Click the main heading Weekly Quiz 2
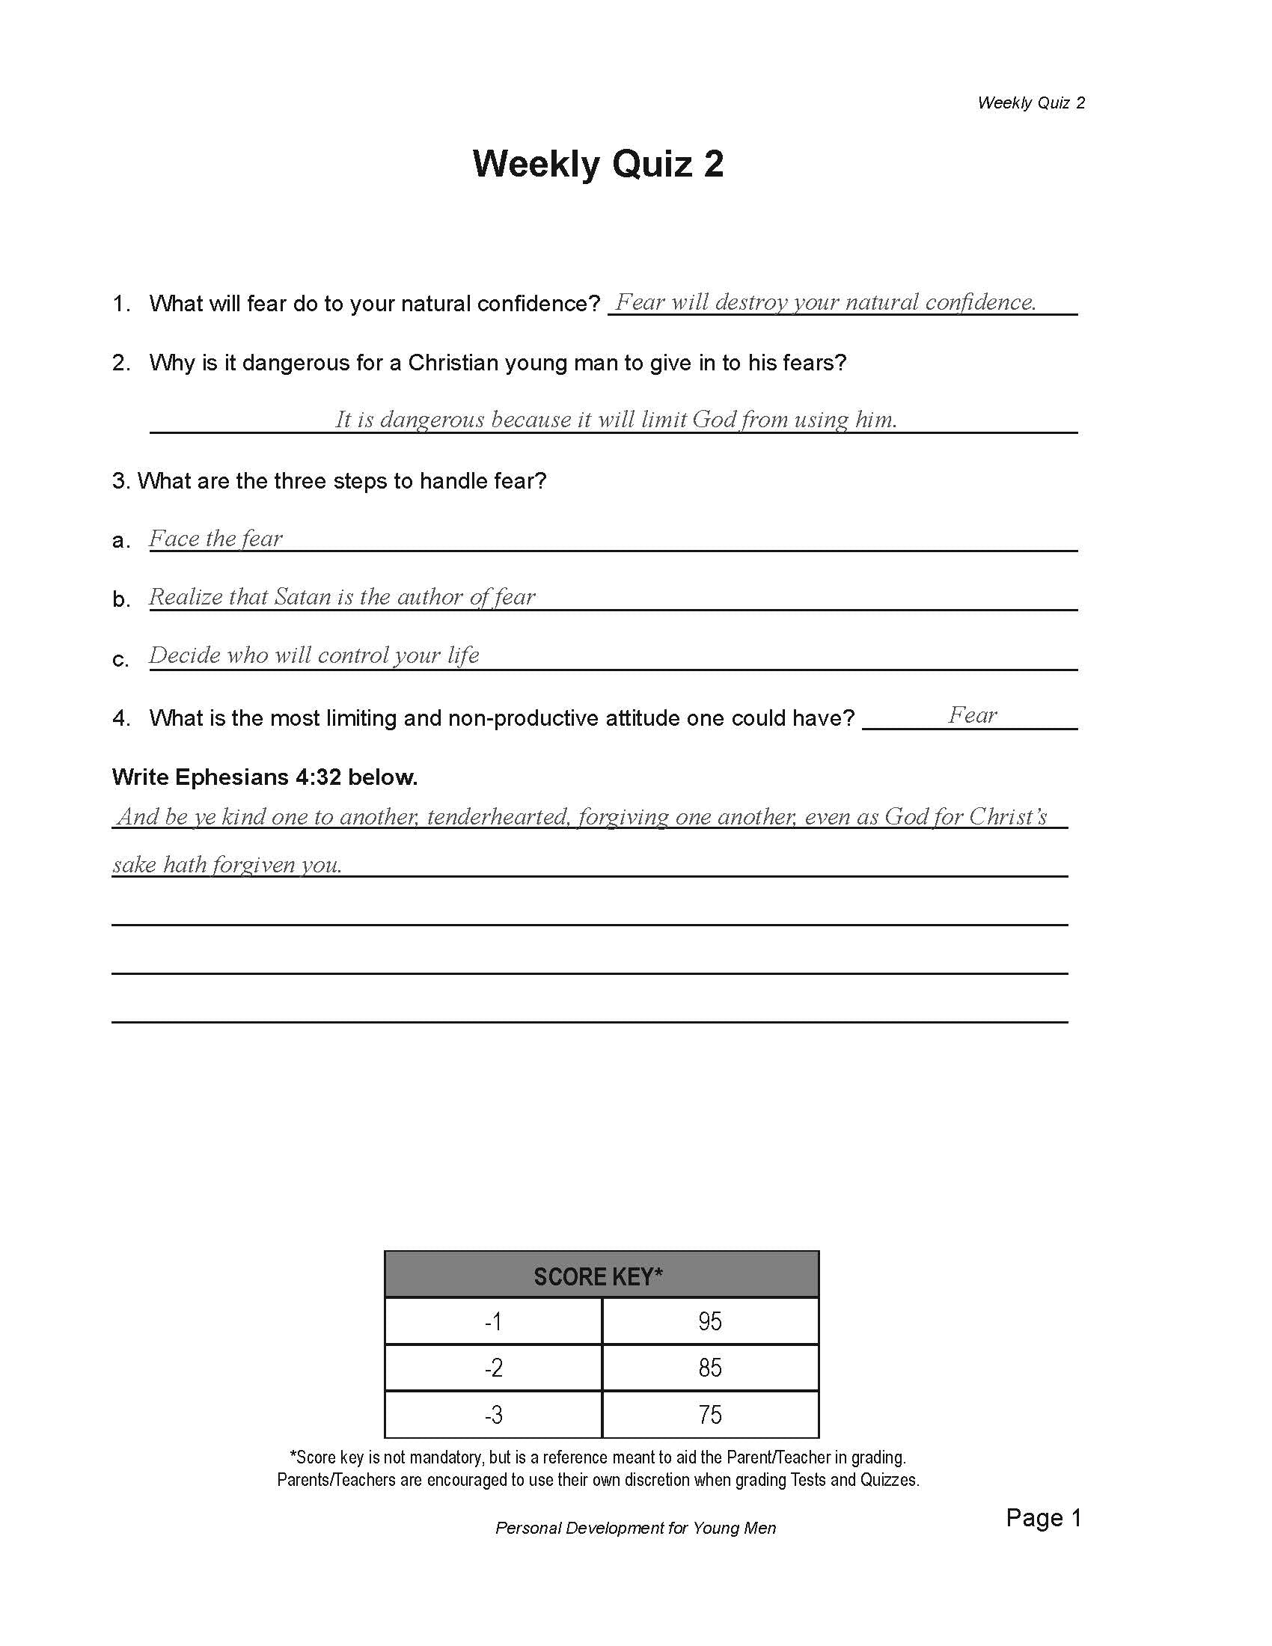click(598, 164)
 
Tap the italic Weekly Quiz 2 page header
click(1030, 103)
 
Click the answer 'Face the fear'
click(215, 538)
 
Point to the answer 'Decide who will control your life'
click(314, 655)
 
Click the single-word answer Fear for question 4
click(972, 715)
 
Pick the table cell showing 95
click(710, 1321)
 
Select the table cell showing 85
click(710, 1367)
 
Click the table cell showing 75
click(710, 1415)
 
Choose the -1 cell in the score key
click(493, 1321)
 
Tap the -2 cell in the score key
click(493, 1367)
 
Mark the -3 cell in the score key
click(493, 1415)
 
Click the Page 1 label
click(1043, 1517)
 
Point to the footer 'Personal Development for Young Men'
click(635, 1528)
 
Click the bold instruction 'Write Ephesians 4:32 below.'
click(264, 777)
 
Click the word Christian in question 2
click(453, 363)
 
